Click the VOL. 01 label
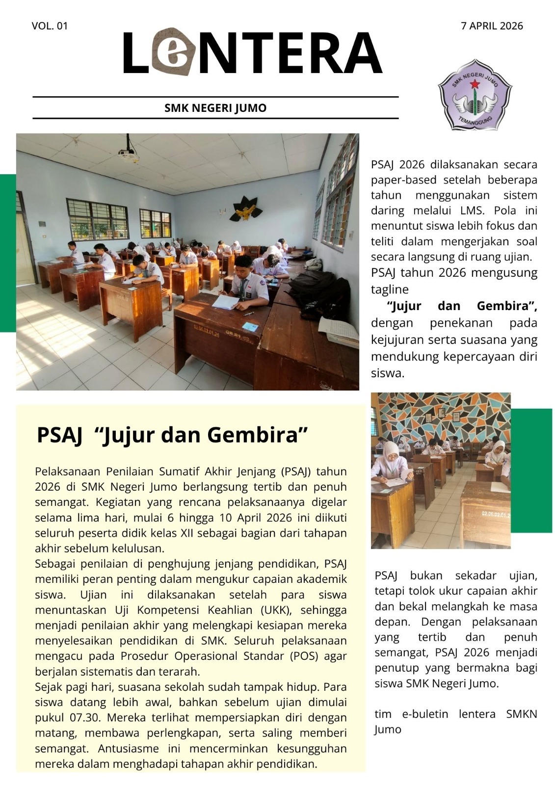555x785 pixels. click(x=50, y=26)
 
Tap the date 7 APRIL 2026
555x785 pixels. click(x=492, y=26)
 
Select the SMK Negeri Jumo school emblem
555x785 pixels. click(x=475, y=95)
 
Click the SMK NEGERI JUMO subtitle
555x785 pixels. click(x=215, y=108)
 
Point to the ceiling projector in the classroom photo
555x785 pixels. click(x=129, y=155)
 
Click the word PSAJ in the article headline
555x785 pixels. click(x=59, y=435)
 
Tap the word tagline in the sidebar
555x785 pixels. click(x=390, y=289)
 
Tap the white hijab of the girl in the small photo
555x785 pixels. click(x=392, y=451)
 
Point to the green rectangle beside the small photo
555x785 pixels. click(x=531, y=471)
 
